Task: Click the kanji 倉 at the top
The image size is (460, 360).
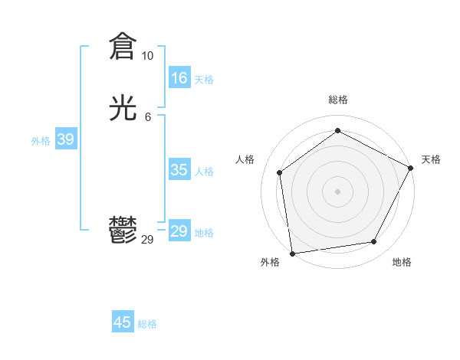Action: point(123,47)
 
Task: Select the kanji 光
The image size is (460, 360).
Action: point(123,109)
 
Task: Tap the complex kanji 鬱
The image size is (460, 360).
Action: point(123,231)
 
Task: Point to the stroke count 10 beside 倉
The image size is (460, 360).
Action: point(147,56)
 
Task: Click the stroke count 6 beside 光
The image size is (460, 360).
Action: point(148,117)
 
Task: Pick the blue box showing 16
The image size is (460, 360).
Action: point(179,78)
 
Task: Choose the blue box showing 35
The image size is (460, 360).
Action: point(179,170)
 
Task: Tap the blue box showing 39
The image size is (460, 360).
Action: point(65,139)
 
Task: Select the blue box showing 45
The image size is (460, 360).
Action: point(123,322)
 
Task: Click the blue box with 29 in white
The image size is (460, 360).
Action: point(179,231)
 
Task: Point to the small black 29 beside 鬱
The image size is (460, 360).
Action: point(148,240)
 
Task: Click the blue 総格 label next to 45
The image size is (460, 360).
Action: point(147,324)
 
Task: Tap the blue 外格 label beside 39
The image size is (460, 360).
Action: point(41,141)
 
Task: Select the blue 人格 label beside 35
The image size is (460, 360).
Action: point(204,172)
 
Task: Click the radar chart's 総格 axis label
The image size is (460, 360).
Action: point(337,100)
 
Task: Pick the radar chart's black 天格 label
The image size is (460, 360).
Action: point(431,159)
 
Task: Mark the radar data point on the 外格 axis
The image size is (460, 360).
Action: point(291,253)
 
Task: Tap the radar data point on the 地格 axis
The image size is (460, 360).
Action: point(374,241)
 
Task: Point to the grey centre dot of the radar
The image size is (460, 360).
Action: point(337,191)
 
